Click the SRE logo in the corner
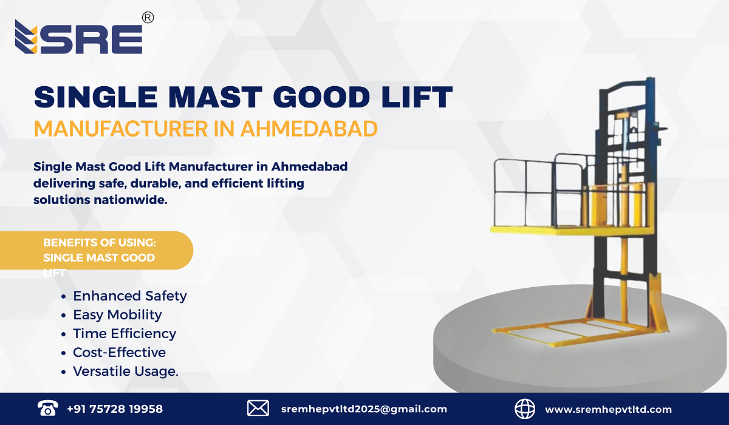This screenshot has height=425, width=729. (x=79, y=38)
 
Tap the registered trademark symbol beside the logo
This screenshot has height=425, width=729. (x=148, y=18)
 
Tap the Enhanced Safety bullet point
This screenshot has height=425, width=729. (x=129, y=296)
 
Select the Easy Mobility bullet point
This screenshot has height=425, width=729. (x=117, y=314)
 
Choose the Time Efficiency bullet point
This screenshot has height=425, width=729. (x=125, y=333)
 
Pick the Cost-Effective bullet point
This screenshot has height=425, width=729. (x=119, y=352)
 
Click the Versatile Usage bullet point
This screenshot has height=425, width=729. (x=125, y=371)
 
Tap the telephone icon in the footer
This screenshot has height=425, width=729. (x=47, y=408)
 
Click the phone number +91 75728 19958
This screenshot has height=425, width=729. (x=115, y=409)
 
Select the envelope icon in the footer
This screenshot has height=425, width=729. (x=258, y=408)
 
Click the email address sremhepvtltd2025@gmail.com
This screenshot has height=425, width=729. (x=364, y=409)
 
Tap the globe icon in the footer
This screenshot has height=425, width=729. (x=525, y=408)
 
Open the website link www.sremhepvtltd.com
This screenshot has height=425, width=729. (x=608, y=409)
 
